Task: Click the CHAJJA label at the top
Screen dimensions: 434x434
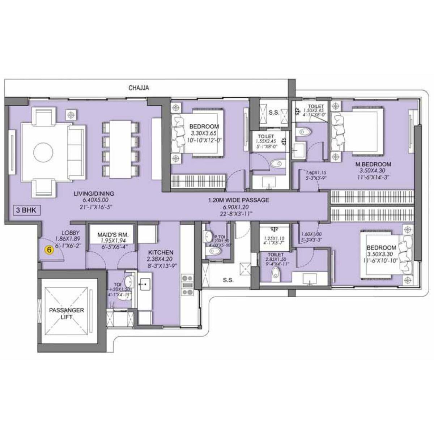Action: click(139, 88)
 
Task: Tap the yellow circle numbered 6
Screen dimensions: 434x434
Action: click(48, 250)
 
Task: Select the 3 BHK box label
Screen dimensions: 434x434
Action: click(26, 210)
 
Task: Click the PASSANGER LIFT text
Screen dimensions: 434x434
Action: click(67, 314)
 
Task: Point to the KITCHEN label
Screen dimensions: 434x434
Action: click(160, 252)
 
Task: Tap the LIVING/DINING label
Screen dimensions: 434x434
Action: click(94, 193)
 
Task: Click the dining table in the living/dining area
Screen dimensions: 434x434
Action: click(120, 148)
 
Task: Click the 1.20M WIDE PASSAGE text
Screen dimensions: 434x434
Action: click(238, 200)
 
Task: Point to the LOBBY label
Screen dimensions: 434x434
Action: click(70, 232)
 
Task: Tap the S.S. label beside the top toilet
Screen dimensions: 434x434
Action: click(274, 112)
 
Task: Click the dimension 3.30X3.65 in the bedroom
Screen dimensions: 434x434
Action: click(204, 133)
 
